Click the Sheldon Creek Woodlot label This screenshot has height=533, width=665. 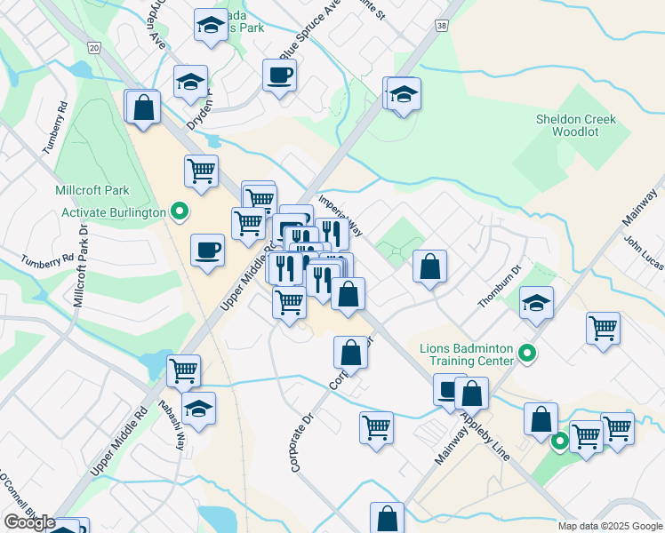coord(575,125)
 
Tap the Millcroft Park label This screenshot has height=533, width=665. coord(92,190)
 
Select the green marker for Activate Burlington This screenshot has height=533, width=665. coord(180,211)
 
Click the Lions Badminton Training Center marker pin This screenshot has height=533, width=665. coord(527,354)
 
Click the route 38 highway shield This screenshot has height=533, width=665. coord(442,28)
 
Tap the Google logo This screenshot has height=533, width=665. coord(28,522)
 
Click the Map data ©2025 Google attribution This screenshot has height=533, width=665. coord(609,526)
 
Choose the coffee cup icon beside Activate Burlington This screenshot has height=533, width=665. coord(207,249)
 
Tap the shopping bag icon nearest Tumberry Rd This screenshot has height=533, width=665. coord(143,108)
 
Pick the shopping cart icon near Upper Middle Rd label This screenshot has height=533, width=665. coord(183,370)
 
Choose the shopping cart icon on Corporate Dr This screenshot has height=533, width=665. coord(376,426)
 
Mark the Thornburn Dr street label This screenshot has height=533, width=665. coord(496,288)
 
